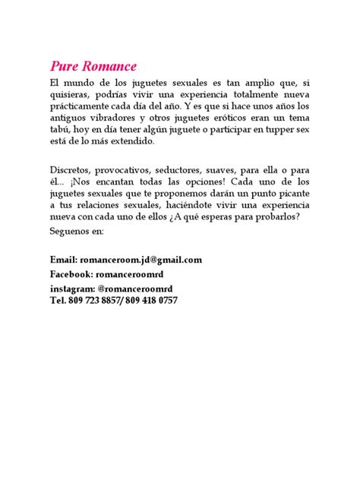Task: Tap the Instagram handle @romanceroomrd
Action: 136,289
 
